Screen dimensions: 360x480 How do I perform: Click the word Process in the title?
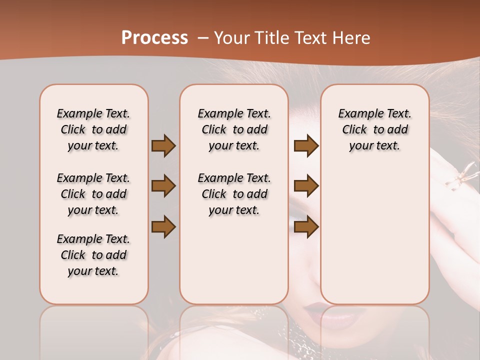[154, 38]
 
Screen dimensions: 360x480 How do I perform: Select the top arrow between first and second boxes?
[163, 145]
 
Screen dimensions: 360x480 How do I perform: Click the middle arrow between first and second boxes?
[163, 186]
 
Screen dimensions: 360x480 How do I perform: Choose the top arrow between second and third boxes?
[306, 145]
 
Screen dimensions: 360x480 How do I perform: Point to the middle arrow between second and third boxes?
[306, 186]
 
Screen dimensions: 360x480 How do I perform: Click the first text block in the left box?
[93, 129]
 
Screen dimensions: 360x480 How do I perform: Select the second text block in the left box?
[93, 194]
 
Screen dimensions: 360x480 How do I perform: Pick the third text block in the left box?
[93, 255]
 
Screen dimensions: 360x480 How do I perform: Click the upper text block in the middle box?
[234, 129]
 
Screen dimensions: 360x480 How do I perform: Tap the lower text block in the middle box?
[234, 194]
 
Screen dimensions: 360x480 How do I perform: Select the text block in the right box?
[374, 129]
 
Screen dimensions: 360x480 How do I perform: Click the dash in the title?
[202, 38]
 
